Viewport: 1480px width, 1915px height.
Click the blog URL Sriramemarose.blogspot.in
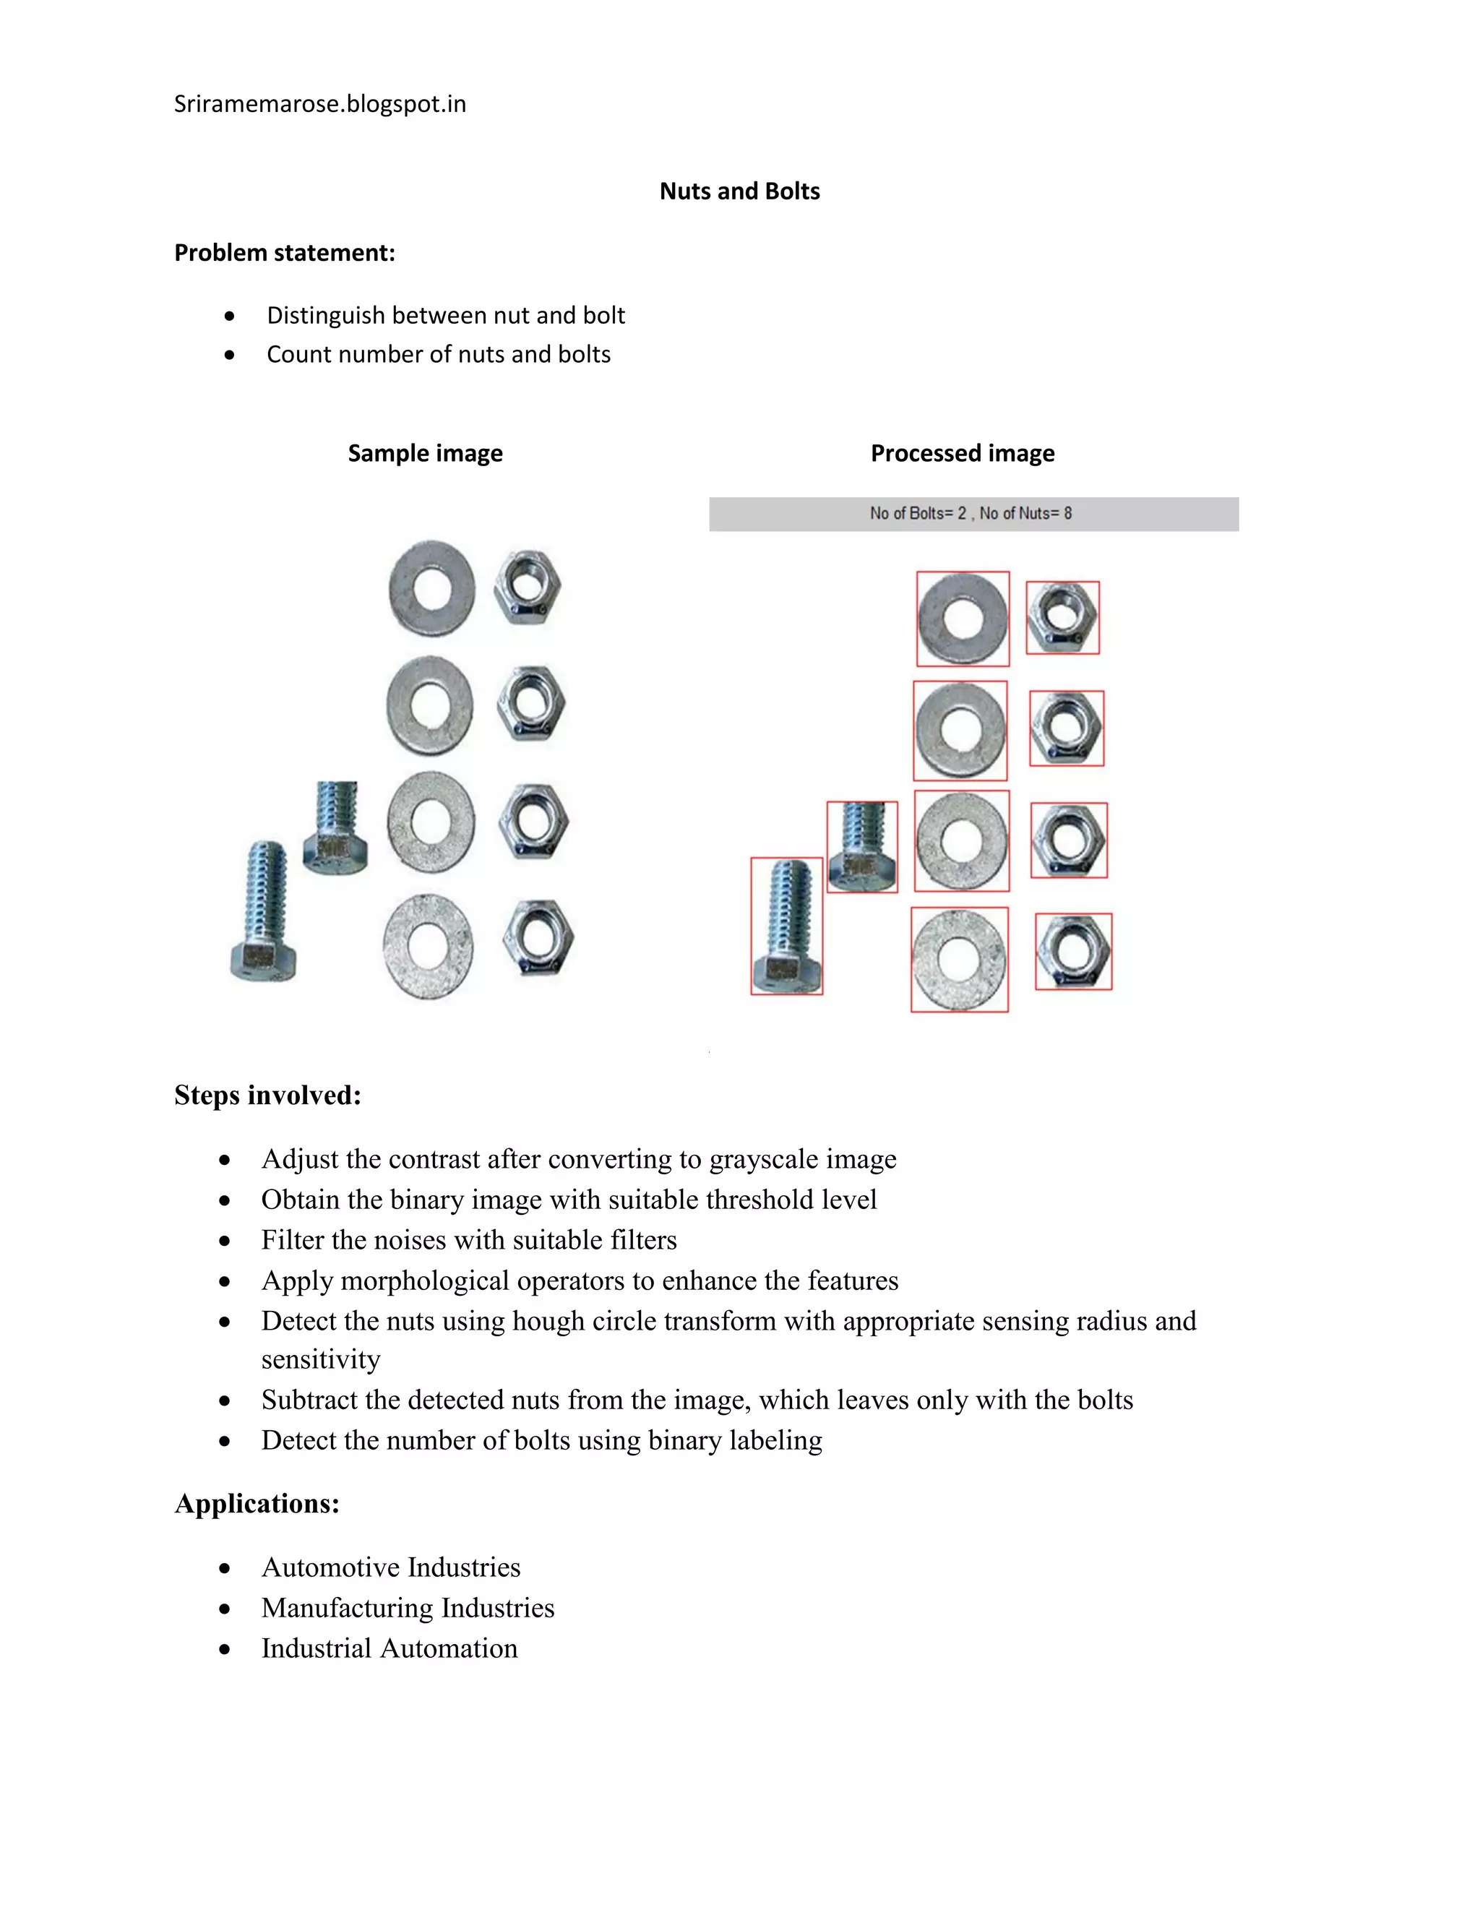[320, 104]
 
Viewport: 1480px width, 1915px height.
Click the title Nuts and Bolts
[739, 191]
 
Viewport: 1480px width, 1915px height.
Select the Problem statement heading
[284, 252]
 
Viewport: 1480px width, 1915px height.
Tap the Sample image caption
[425, 453]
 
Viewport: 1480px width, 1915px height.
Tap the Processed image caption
[962, 453]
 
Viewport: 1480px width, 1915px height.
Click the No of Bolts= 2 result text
[917, 514]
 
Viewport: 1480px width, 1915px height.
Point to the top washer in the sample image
[431, 588]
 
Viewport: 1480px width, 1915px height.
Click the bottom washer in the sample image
[428, 946]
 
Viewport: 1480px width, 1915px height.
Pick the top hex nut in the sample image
[527, 586]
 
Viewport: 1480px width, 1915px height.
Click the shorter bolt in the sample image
[336, 827]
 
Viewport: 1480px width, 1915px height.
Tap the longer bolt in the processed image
[786, 925]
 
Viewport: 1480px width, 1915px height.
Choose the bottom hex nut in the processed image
[1073, 952]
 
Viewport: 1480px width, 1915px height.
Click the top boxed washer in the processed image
[963, 619]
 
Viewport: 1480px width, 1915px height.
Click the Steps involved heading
[267, 1095]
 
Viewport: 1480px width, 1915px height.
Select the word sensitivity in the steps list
[321, 1359]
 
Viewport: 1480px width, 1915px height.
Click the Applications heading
[257, 1503]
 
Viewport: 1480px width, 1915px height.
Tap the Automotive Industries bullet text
[391, 1567]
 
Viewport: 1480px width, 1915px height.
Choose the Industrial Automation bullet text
[390, 1648]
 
